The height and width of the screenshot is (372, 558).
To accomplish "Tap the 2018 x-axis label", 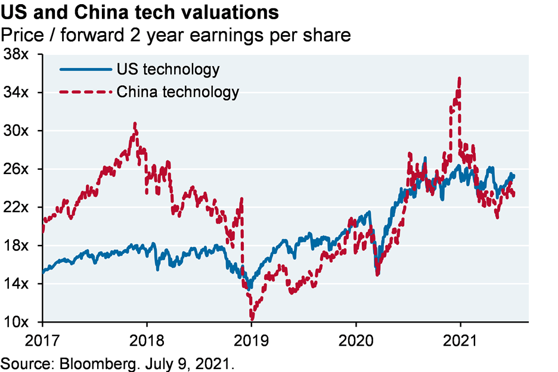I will point(147,342).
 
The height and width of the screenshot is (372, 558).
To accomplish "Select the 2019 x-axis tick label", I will point(252,342).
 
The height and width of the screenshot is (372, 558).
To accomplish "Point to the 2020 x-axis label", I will point(356,342).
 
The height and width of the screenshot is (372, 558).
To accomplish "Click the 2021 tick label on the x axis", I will point(460,342).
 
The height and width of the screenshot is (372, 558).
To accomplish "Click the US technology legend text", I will point(168,69).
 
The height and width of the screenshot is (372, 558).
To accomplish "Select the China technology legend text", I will point(178,92).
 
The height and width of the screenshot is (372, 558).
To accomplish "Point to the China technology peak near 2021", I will point(458,78).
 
